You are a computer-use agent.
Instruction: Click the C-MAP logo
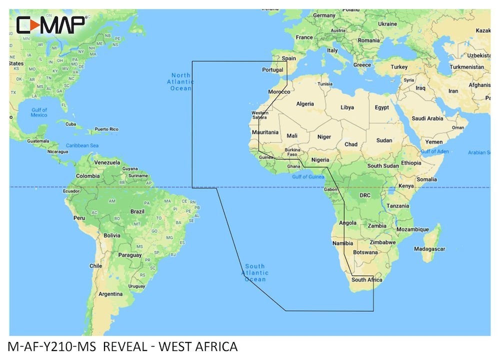pyautogui.click(x=52, y=24)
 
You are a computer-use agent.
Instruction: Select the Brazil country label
pyautogui.click(x=137, y=211)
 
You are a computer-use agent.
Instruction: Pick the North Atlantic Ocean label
pyautogui.click(x=180, y=81)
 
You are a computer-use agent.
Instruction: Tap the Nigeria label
pyautogui.click(x=319, y=160)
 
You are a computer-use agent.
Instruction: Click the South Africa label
pyautogui.click(x=366, y=280)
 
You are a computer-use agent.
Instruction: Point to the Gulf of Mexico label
pyautogui.click(x=38, y=112)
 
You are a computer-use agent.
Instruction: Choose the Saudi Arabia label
pyautogui.click(x=428, y=118)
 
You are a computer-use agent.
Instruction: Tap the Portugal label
pyautogui.click(x=273, y=70)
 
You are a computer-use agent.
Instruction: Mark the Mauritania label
pyautogui.click(x=265, y=132)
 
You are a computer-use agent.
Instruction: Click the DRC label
pyautogui.click(x=364, y=195)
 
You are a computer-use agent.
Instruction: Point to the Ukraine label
pyautogui.click(x=387, y=23)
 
